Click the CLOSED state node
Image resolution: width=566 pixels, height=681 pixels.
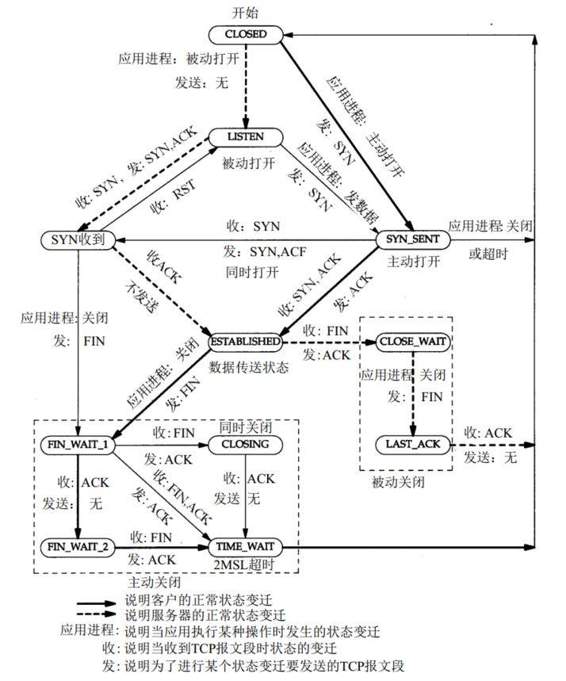coord(245,34)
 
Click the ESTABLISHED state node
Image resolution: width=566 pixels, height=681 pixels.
coord(245,341)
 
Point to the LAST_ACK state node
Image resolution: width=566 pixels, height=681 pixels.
coord(413,444)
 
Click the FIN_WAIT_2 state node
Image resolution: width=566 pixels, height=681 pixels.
coord(77,547)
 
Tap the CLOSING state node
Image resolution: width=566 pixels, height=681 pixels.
coord(245,444)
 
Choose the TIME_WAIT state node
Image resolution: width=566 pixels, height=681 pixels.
coord(245,547)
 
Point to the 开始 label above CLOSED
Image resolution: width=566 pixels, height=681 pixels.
coord(245,13)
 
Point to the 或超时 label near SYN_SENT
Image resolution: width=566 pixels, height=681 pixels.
coord(488,254)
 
